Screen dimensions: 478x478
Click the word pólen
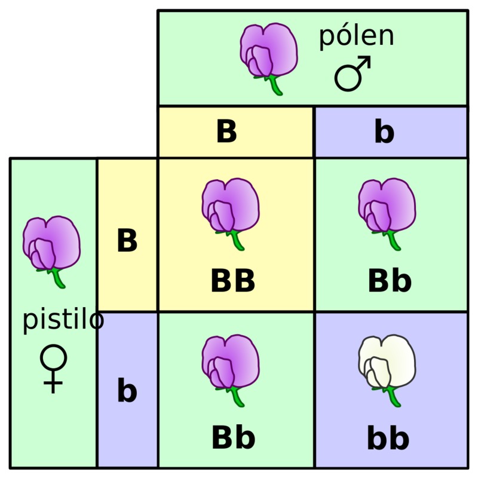pos(356,37)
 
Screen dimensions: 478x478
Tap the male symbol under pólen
pos(353,73)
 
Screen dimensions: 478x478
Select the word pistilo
pos(63,321)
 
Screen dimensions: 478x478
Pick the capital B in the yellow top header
pos(226,131)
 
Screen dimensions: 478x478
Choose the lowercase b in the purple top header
pos(384,131)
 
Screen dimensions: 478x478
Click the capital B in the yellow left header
pos(127,241)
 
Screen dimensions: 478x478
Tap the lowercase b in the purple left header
pos(127,390)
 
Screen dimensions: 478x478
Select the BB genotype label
pos(233,281)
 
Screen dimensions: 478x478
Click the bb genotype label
pos(388,438)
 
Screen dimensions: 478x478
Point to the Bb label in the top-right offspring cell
pos(390,280)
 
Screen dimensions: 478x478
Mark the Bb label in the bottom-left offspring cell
pos(233,437)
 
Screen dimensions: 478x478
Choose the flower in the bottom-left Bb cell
pos(231,370)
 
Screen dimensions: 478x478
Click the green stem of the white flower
pos(393,396)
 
